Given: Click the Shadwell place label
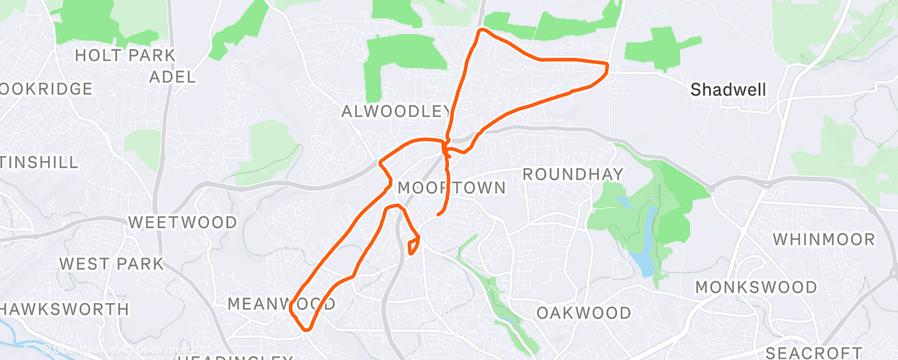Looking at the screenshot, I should (x=729, y=89).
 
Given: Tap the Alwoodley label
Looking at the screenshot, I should (x=396, y=111).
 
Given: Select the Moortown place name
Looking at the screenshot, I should (x=451, y=188).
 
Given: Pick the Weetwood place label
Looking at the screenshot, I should (x=182, y=222).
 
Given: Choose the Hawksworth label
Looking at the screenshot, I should (x=64, y=309).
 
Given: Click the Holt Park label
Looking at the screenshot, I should (x=125, y=55).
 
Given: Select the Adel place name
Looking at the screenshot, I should (x=173, y=77).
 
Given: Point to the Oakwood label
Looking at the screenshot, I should (x=584, y=313).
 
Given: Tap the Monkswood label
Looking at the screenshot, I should (x=756, y=287).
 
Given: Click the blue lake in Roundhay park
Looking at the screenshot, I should (x=645, y=248).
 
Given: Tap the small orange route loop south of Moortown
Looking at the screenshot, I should (x=414, y=244).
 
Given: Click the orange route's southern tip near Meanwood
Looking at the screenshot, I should (x=307, y=329).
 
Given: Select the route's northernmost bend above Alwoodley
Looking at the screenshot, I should (x=483, y=31).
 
